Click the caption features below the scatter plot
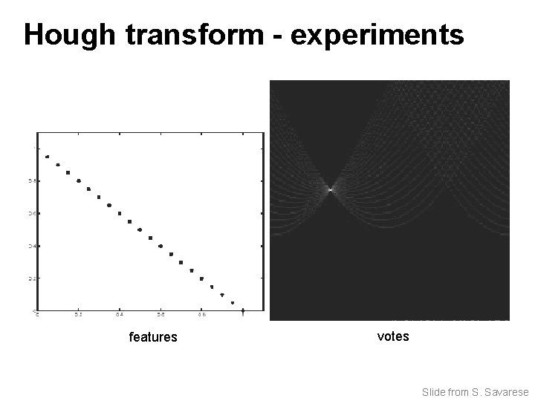pyautogui.click(x=153, y=337)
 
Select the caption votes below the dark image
pyautogui.click(x=393, y=336)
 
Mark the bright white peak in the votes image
pyautogui.click(x=330, y=190)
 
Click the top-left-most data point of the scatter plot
pyautogui.click(x=48, y=157)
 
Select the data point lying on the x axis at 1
pyautogui.click(x=243, y=310)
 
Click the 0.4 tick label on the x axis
pyautogui.click(x=119, y=315)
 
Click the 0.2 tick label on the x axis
pyautogui.click(x=78, y=315)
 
